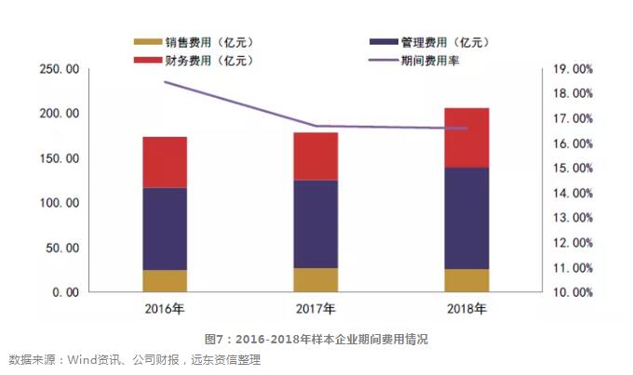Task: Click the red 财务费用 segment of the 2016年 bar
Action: pyautogui.click(x=165, y=162)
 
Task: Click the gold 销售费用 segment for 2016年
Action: pyautogui.click(x=165, y=281)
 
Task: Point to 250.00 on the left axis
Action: pyautogui.click(x=58, y=70)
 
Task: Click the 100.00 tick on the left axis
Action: pyautogui.click(x=58, y=203)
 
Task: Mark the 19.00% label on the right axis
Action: pyautogui.click(x=572, y=70)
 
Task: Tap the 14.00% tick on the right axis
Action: pyautogui.click(x=572, y=194)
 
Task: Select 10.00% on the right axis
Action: pyautogui.click(x=572, y=292)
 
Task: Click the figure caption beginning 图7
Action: pyautogui.click(x=316, y=339)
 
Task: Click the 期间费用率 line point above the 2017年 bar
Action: pyautogui.click(x=316, y=126)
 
